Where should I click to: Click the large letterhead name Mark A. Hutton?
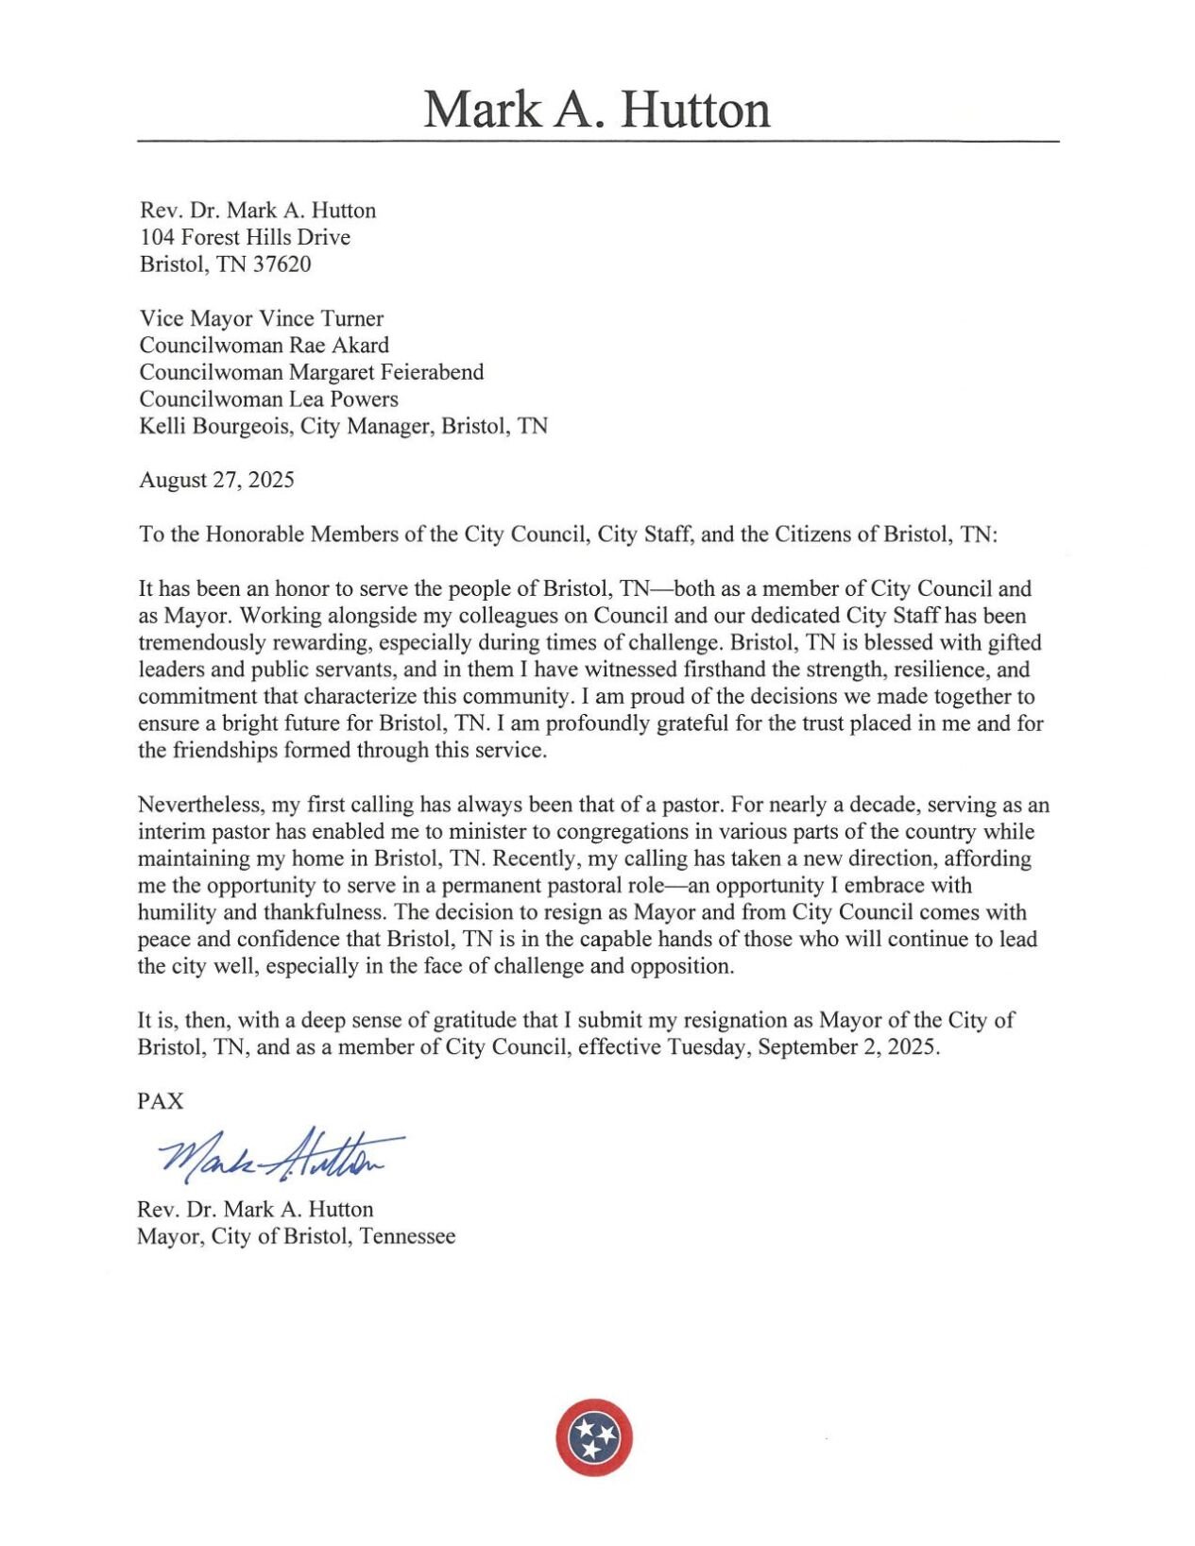point(596,110)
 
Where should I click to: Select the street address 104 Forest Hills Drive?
point(245,237)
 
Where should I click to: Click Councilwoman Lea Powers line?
point(268,399)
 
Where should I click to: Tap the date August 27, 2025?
point(216,480)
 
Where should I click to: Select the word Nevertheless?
point(200,806)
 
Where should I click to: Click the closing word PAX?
point(161,1102)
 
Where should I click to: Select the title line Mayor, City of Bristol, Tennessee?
point(296,1237)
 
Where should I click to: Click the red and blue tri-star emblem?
point(594,1437)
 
